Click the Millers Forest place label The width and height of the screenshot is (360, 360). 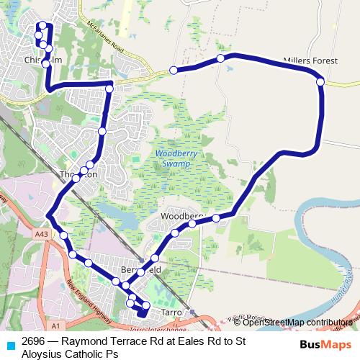coord(310,62)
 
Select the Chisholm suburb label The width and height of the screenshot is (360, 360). coord(37,60)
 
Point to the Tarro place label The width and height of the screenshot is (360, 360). coord(171,312)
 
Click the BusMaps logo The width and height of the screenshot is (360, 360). coord(325,345)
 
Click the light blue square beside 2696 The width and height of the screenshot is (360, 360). coord(9,345)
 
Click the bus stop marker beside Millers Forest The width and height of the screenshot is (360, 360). coord(320,82)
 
